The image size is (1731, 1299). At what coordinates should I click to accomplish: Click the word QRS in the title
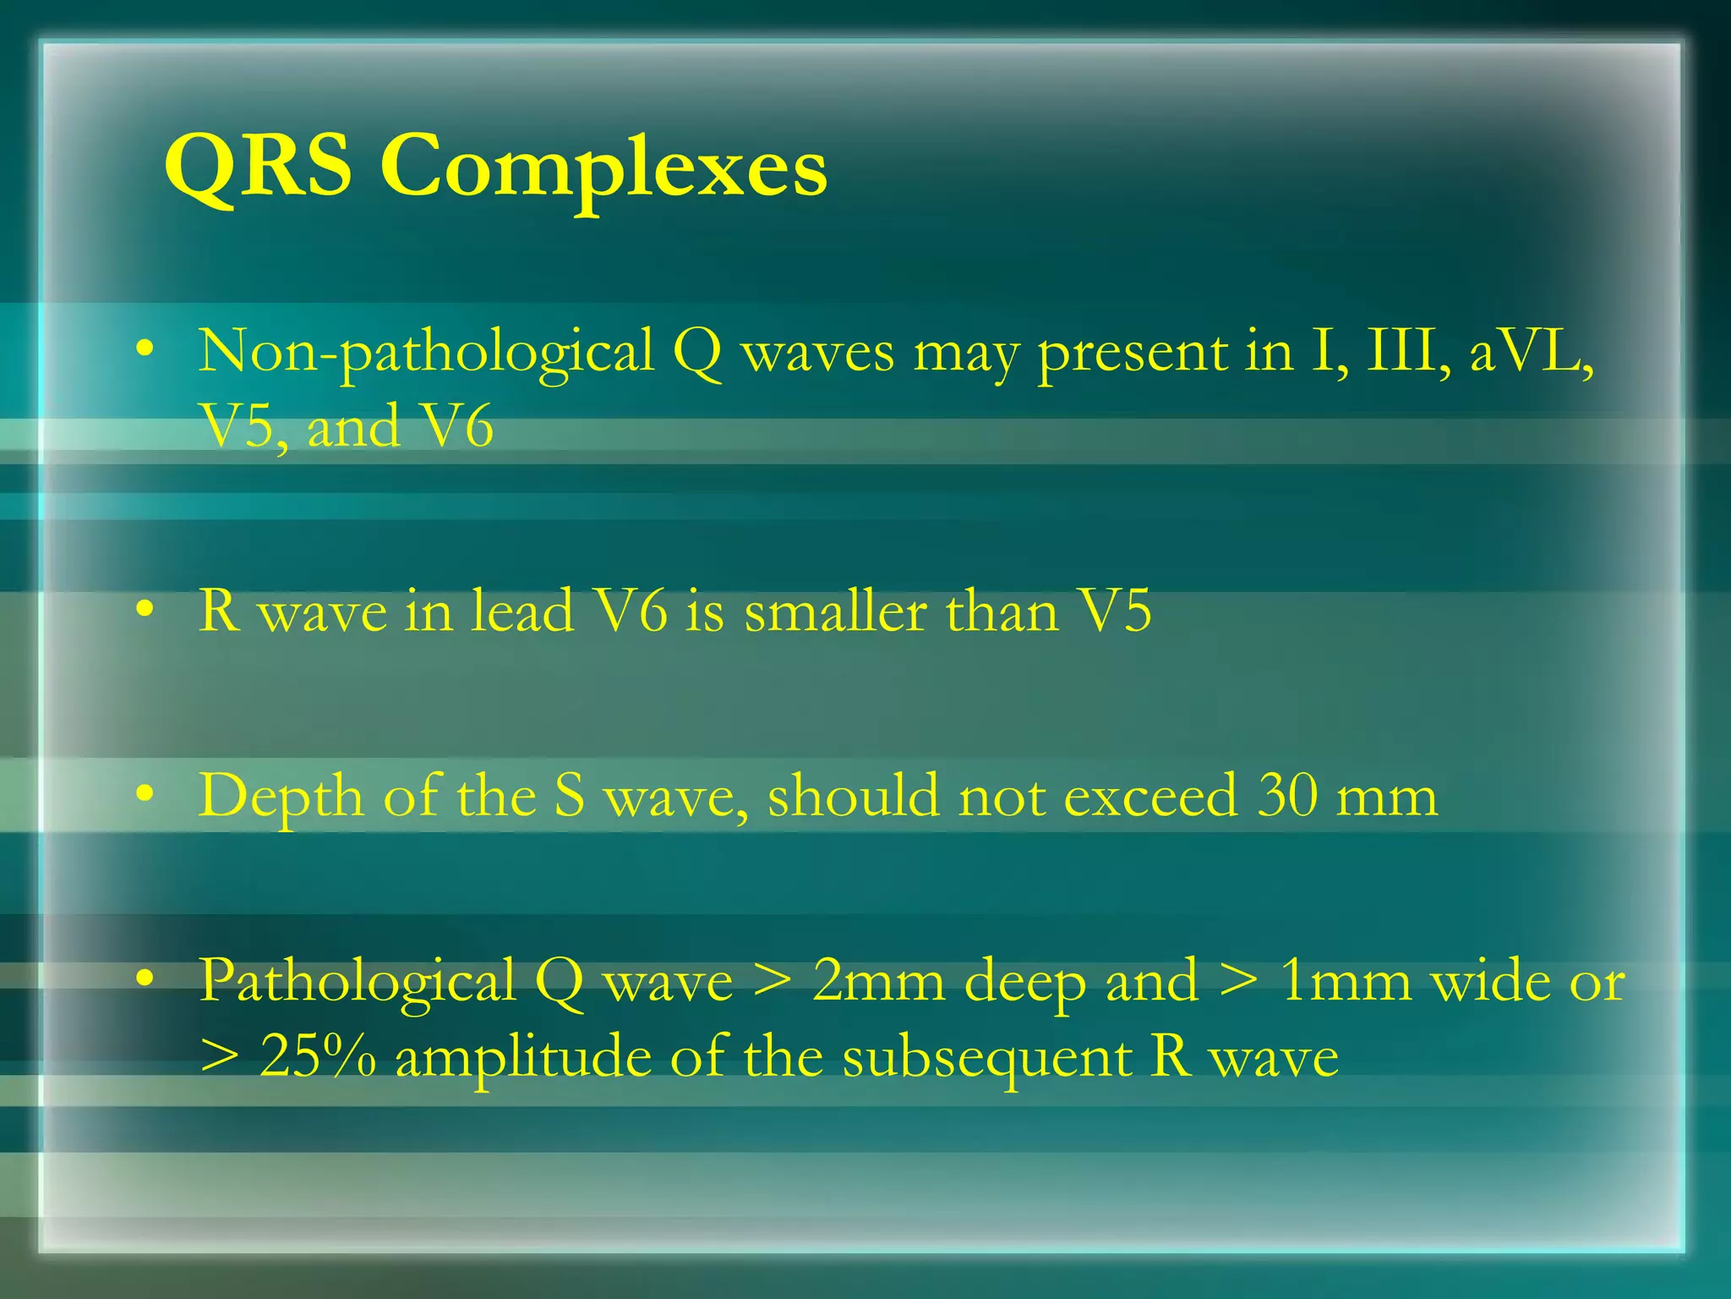click(257, 167)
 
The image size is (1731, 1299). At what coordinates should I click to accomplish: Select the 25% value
click(318, 1057)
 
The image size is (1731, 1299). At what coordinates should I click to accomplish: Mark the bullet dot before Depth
click(145, 794)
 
